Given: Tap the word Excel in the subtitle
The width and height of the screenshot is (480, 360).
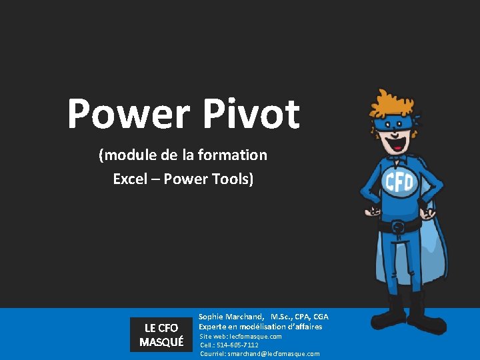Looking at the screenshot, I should point(131,179).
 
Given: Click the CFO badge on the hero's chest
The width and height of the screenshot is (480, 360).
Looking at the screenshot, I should point(398,182).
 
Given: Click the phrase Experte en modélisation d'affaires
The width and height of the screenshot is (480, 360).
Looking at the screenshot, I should point(260,327).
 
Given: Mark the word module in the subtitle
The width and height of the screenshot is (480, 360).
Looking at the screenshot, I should point(127,155).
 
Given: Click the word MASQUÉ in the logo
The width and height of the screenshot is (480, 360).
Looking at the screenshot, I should point(161,342).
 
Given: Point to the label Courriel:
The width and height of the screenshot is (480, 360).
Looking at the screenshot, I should point(213,353).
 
